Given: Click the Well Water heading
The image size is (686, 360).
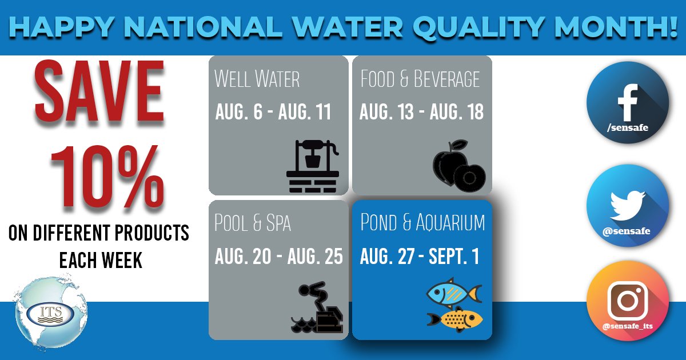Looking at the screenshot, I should pos(257,79).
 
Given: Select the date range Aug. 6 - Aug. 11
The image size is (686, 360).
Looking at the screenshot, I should pos(273,113).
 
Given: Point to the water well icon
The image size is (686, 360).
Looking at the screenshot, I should pos(312,166).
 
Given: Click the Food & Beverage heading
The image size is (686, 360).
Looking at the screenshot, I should pos(420,79).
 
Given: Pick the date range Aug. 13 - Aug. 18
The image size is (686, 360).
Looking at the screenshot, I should pos(421,113).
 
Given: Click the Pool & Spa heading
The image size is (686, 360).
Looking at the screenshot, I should pos(253,223).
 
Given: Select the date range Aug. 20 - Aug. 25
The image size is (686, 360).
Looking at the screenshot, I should pos(278,257).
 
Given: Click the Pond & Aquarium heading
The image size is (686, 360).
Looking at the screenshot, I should pos(422,223).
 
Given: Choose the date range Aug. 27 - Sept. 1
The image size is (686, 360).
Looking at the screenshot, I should pos(419,257).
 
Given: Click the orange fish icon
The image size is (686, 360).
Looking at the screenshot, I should pos(454,318).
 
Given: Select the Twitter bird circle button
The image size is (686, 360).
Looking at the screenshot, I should pos(628,205).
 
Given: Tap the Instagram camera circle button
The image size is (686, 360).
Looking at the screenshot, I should pos(628,303).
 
